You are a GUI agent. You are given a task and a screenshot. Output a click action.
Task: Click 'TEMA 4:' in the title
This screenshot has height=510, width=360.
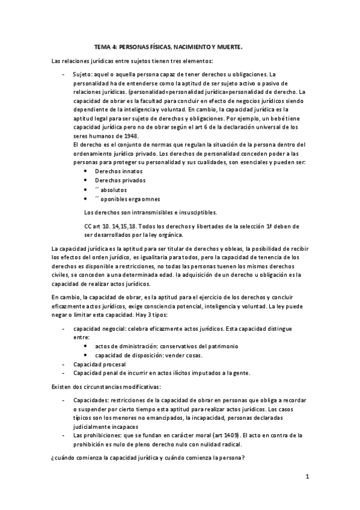[x=106, y=46]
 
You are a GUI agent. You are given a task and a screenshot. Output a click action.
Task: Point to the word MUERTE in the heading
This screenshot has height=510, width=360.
[x=230, y=46]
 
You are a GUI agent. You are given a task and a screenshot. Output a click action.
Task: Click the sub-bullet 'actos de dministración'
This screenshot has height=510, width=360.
[x=127, y=346]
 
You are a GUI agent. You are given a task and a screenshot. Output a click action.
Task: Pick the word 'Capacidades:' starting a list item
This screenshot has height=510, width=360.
[x=91, y=400]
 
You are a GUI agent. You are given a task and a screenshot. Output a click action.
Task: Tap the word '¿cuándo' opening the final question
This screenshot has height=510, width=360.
[x=63, y=459]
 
